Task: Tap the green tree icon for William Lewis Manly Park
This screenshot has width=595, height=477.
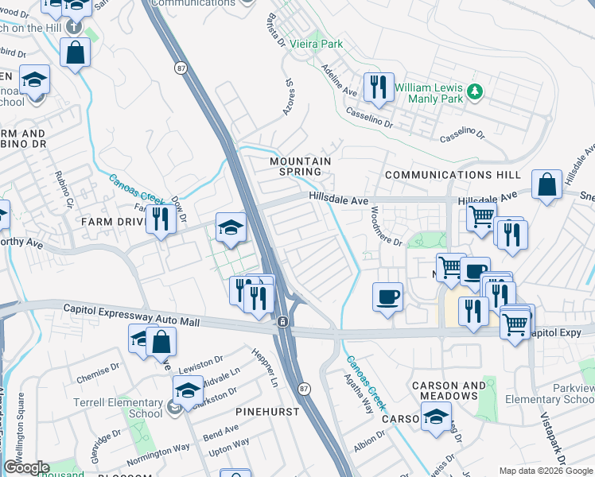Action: click(x=475, y=91)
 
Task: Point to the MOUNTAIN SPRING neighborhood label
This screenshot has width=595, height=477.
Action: click(x=300, y=166)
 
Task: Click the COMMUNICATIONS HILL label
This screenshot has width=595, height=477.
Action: click(x=453, y=175)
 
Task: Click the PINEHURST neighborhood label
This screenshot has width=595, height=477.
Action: click(x=266, y=412)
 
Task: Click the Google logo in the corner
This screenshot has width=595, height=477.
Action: click(x=26, y=467)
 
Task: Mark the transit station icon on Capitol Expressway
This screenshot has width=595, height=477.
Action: click(x=282, y=322)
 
